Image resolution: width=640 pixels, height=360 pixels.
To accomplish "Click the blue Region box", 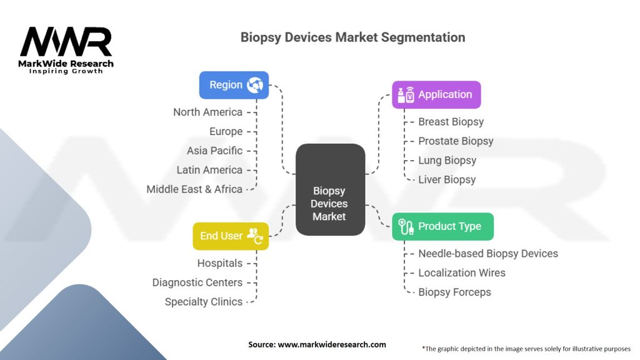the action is (x=234, y=85).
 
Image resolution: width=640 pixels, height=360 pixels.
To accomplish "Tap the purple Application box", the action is (x=436, y=95).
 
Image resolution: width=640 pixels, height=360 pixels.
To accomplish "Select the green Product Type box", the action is (x=443, y=226).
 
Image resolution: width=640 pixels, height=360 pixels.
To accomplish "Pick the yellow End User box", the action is (x=231, y=236).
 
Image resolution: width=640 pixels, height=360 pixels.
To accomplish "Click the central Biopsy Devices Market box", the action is (x=330, y=189).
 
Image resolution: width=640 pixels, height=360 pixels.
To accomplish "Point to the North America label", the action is (x=207, y=112).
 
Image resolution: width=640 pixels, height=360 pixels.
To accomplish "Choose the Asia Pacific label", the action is (x=215, y=151).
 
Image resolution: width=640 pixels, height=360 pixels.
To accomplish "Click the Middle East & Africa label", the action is (x=194, y=189).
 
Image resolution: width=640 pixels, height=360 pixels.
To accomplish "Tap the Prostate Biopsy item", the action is (x=456, y=141).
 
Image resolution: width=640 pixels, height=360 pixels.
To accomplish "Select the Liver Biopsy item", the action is (x=447, y=179).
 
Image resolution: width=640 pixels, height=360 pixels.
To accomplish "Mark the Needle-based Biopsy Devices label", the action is (x=488, y=254).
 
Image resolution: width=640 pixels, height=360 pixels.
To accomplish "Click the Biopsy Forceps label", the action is (x=455, y=292).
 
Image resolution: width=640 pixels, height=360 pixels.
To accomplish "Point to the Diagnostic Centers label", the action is (x=197, y=282).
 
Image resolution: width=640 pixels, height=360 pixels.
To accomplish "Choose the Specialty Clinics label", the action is (x=203, y=302).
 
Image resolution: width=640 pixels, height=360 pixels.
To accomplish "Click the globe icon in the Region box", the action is (x=255, y=85).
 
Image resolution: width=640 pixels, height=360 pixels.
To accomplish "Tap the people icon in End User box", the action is (x=255, y=236).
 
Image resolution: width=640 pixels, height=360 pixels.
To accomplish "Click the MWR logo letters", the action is (x=66, y=42).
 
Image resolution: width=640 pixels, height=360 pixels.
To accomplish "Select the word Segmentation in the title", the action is (x=423, y=37).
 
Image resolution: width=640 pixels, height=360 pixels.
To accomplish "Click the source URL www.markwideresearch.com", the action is (x=332, y=344).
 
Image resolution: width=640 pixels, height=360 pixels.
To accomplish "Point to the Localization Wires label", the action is (x=462, y=272).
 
